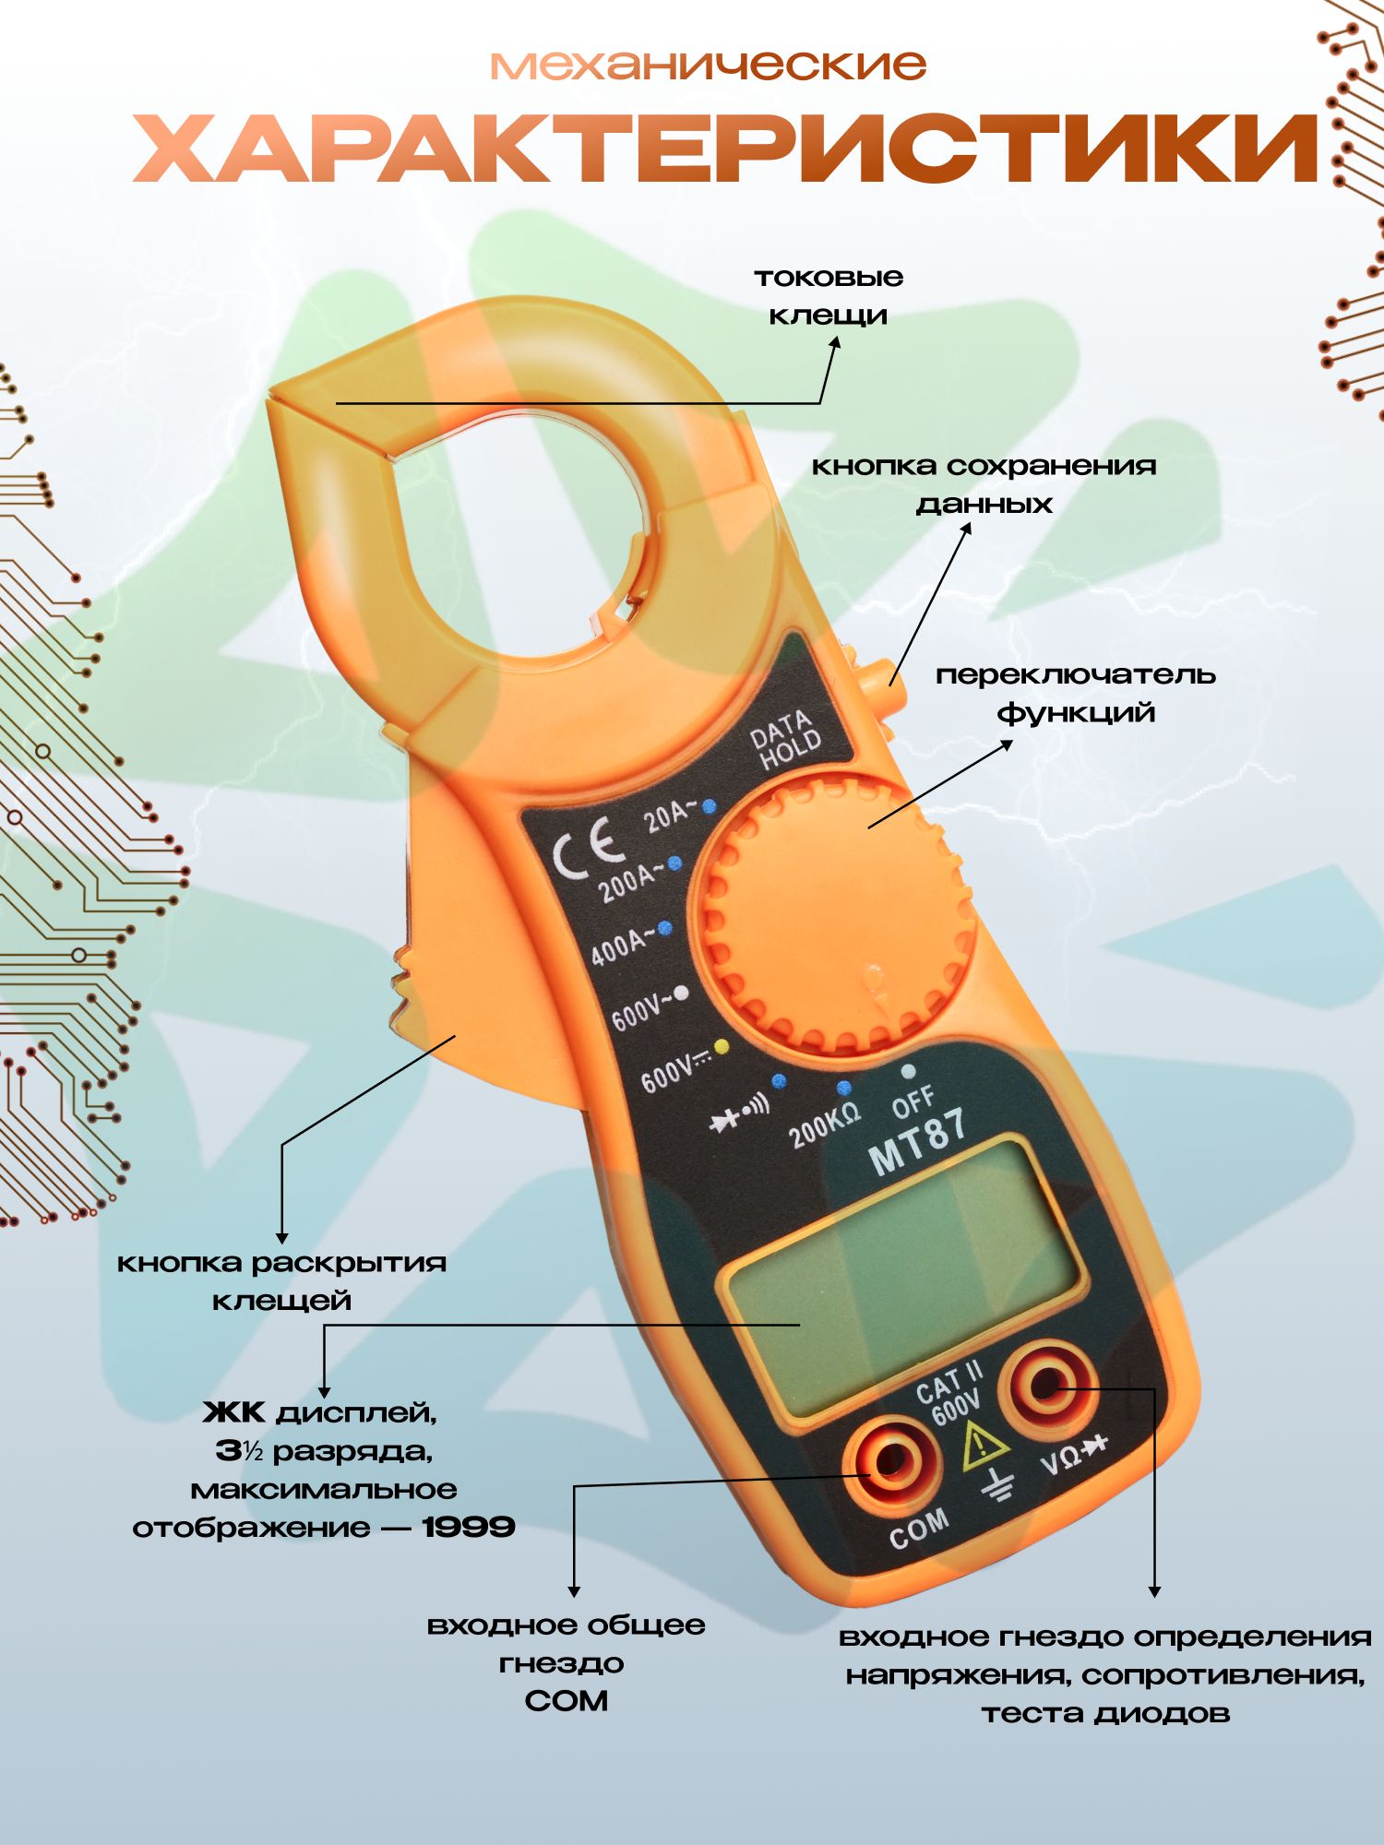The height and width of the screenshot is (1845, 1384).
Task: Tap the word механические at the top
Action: click(708, 65)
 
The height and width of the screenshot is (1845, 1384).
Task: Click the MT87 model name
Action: click(917, 1142)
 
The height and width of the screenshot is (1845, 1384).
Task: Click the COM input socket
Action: click(891, 1460)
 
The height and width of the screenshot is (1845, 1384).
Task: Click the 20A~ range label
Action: click(671, 815)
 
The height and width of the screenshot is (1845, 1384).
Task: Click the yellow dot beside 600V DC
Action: click(722, 1046)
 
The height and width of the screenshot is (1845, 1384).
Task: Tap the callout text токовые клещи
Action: click(828, 296)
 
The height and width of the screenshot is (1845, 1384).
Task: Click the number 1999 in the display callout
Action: click(469, 1527)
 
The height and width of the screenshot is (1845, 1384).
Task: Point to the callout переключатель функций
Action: click(1076, 693)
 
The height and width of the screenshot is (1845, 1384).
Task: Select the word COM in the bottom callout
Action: click(566, 1700)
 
